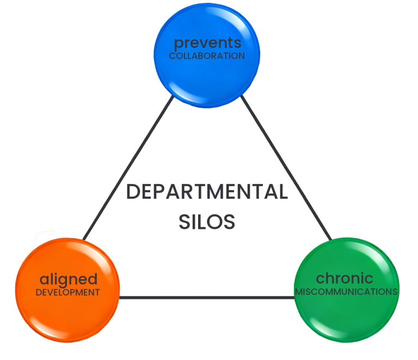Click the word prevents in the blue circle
coord(207,43)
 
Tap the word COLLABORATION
coord(207,56)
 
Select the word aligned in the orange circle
coord(69,279)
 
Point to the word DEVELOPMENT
coord(68,292)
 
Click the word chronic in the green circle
coord(345,278)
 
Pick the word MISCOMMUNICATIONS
coord(347,291)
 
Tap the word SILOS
coord(207,222)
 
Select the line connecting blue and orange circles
coord(128,169)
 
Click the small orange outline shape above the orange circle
coord(44,238)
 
